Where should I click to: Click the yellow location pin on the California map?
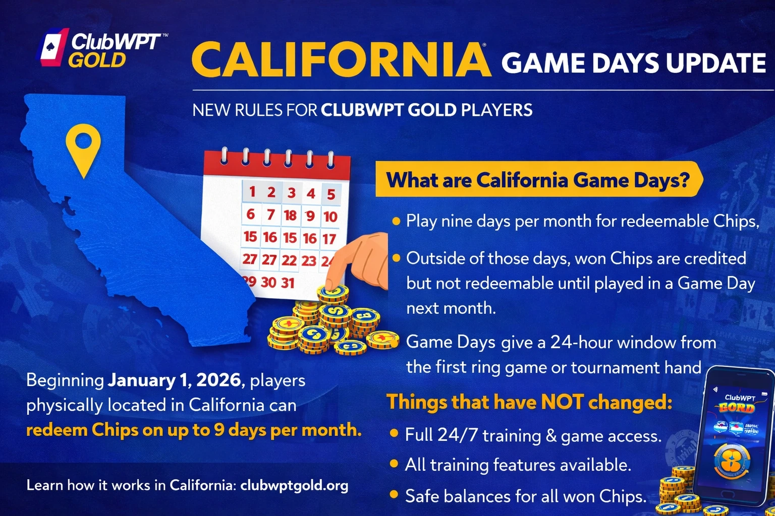tap(83, 146)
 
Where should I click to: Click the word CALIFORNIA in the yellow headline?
tap(341, 59)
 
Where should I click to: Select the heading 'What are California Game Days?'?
tap(537, 180)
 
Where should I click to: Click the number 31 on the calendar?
tap(288, 283)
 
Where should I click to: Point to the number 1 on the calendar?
tap(252, 191)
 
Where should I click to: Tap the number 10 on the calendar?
tap(330, 217)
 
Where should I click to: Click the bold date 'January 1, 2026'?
tap(174, 380)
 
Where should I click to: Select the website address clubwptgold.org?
tap(294, 485)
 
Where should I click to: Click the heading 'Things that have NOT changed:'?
tap(529, 402)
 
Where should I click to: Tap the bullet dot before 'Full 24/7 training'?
tap(394, 434)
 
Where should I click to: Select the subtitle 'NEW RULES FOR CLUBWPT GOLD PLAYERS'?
tap(362, 110)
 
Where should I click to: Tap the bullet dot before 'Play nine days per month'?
tap(396, 221)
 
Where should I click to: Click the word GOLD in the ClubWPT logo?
tap(97, 60)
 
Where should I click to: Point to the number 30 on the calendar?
tap(268, 282)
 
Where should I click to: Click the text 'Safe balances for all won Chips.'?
tap(525, 496)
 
